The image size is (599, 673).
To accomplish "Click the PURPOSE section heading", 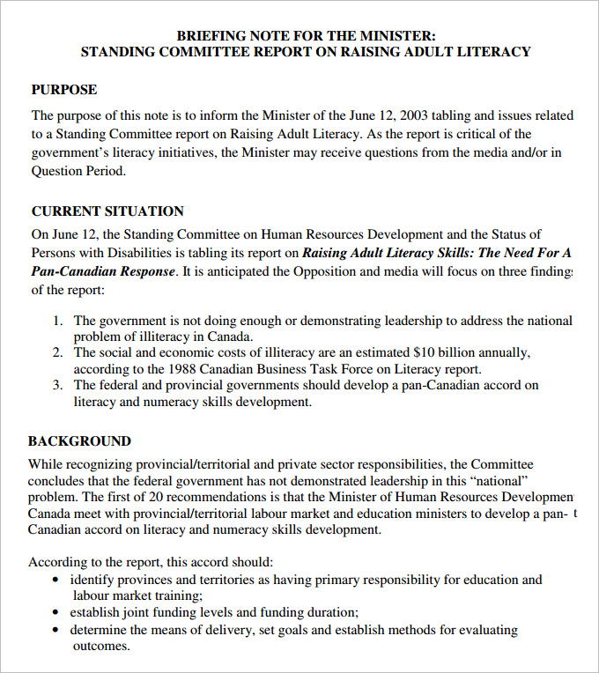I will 64,90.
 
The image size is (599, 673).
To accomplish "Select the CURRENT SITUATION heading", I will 107,211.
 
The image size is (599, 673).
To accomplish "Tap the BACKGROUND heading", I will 79,441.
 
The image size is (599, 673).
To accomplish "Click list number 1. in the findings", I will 57,322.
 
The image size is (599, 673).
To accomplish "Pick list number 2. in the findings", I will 57,353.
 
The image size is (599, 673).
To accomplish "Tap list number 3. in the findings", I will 57,386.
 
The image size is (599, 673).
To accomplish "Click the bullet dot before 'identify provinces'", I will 56,581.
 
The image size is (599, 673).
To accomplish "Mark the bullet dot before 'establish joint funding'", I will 56,613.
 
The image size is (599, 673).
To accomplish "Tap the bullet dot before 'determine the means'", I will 56,631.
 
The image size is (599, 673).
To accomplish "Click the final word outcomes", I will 100,647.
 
